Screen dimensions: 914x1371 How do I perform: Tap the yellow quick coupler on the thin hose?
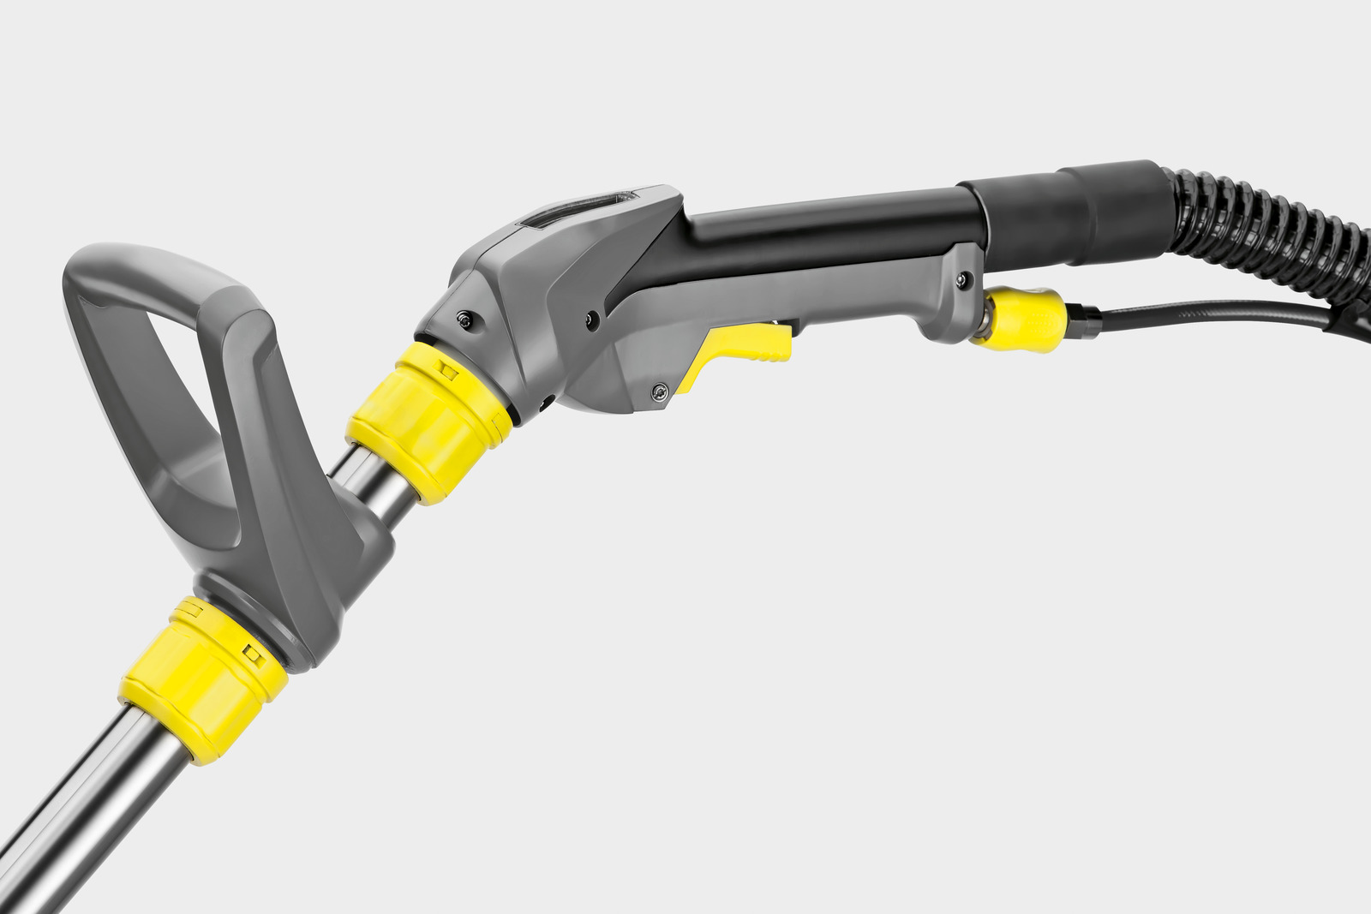click(x=1024, y=318)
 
